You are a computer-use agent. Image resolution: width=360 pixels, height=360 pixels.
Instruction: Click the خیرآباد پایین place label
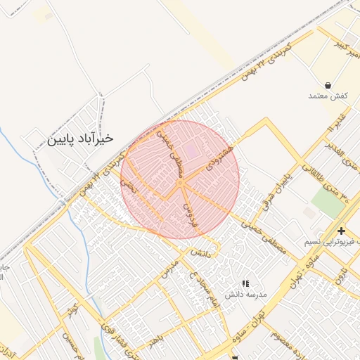tap(80, 139)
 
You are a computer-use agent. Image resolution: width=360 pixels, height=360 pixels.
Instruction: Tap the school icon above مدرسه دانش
tap(245, 283)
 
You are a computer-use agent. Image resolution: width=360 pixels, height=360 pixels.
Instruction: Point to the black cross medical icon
tap(341, 231)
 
